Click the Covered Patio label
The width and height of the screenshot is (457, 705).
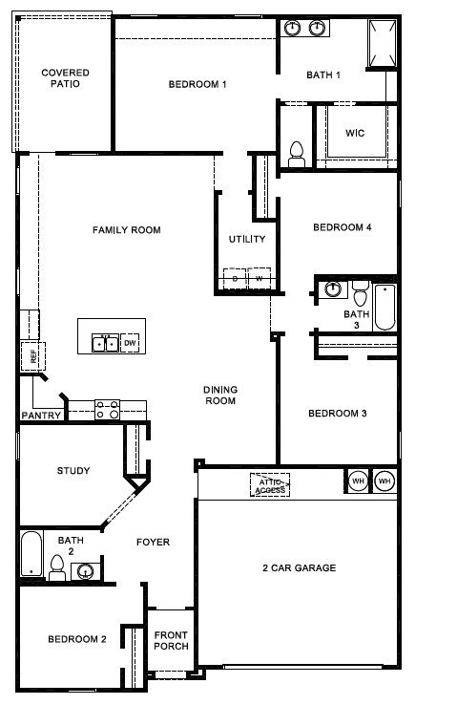pos(65,78)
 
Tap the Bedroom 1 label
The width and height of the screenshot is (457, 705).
pos(197,84)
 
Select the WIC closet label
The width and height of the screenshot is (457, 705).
pos(355,133)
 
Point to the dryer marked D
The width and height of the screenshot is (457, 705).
pos(235,279)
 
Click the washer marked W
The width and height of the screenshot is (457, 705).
pos(260,279)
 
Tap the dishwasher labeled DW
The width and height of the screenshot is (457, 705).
pos(130,343)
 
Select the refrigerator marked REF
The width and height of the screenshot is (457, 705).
pos(33,356)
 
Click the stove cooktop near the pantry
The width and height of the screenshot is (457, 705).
pos(108,410)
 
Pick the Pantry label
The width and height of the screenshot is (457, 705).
pos(41,416)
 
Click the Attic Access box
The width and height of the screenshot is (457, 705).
pos(270,484)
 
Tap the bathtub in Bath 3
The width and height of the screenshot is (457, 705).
pos(384,307)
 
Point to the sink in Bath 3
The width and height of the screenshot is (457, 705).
pos(332,288)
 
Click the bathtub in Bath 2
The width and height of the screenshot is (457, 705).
pos(31,554)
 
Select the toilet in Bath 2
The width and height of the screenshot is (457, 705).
pos(57,567)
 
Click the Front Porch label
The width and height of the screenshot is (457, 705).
pos(171,641)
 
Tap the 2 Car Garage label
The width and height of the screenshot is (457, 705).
pos(300,567)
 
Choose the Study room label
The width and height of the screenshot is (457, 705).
pos(73,471)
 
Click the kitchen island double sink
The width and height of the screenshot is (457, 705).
pos(106,344)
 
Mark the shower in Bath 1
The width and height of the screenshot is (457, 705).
pos(383,43)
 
